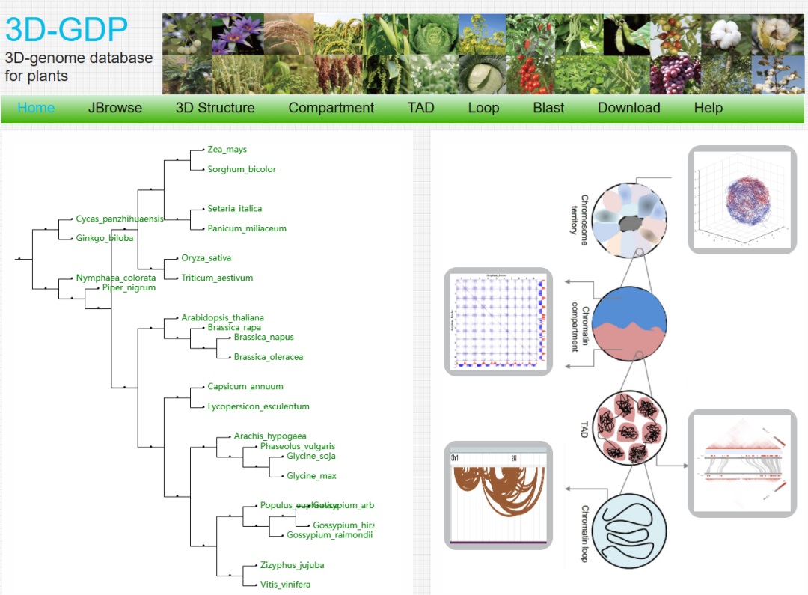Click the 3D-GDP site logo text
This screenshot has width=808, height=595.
pyautogui.click(x=67, y=29)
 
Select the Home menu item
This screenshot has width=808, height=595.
pyautogui.click(x=36, y=108)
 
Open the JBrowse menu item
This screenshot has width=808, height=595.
pyautogui.click(x=115, y=108)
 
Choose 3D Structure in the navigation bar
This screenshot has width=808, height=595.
pyautogui.click(x=215, y=108)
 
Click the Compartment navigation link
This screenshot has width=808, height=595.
pyautogui.click(x=331, y=108)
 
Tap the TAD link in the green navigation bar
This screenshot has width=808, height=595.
pyautogui.click(x=421, y=108)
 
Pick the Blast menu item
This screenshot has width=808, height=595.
pyautogui.click(x=548, y=108)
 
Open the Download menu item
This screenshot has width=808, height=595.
pyautogui.click(x=629, y=108)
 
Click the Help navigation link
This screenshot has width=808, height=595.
pyautogui.click(x=708, y=108)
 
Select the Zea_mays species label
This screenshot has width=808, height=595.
pyautogui.click(x=227, y=150)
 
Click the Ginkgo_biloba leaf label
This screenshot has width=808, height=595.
pyautogui.click(x=105, y=239)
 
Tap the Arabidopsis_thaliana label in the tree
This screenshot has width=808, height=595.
pyautogui.click(x=222, y=318)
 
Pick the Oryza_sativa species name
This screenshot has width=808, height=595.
pyautogui.click(x=206, y=258)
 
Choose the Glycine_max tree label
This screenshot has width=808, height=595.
pyautogui.click(x=311, y=476)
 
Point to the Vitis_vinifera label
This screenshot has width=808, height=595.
pyautogui.click(x=285, y=585)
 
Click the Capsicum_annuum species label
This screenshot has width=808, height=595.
pyautogui.click(x=245, y=387)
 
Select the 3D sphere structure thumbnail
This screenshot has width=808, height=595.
pyautogui.click(x=742, y=200)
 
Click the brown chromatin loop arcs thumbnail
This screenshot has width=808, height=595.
pyautogui.click(x=498, y=495)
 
